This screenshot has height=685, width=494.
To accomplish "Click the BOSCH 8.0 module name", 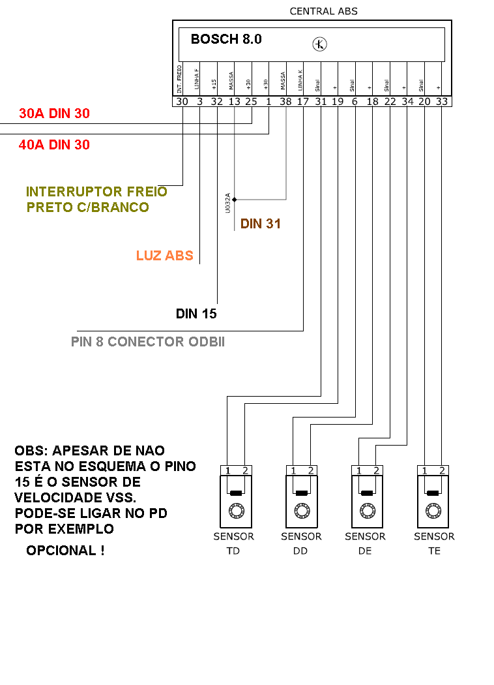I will pyautogui.click(x=226, y=39).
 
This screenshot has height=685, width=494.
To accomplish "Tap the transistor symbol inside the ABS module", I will pyautogui.click(x=319, y=44).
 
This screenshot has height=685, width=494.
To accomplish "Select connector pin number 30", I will pyautogui.click(x=182, y=101).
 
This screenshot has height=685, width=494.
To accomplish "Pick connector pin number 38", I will pyautogui.click(x=285, y=101).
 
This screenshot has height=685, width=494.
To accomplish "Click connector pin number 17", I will pyautogui.click(x=303, y=101).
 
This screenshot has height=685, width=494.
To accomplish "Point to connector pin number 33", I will pyautogui.click(x=442, y=101).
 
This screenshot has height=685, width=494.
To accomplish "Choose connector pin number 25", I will pyautogui.click(x=251, y=101).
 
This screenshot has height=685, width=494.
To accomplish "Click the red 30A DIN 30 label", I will pyautogui.click(x=54, y=114).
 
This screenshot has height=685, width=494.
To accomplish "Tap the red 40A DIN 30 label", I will pyautogui.click(x=54, y=145).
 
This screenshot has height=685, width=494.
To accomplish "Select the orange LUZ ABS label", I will pyautogui.click(x=165, y=256).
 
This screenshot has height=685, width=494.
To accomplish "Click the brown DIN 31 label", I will pyautogui.click(x=261, y=224).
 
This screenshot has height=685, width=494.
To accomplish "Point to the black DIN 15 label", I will pyautogui.click(x=196, y=314).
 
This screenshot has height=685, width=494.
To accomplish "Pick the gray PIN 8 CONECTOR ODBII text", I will pyautogui.click(x=147, y=342).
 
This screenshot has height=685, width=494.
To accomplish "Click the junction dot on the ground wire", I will pyautogui.click(x=234, y=199).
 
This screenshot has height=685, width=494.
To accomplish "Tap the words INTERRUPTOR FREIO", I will pyautogui.click(x=96, y=192).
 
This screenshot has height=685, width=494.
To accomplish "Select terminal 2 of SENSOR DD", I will pyautogui.click(x=311, y=470).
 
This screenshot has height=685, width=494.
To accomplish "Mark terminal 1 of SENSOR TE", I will pyautogui.click(x=424, y=470).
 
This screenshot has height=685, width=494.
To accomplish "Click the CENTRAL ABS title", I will pyautogui.click(x=323, y=11).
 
